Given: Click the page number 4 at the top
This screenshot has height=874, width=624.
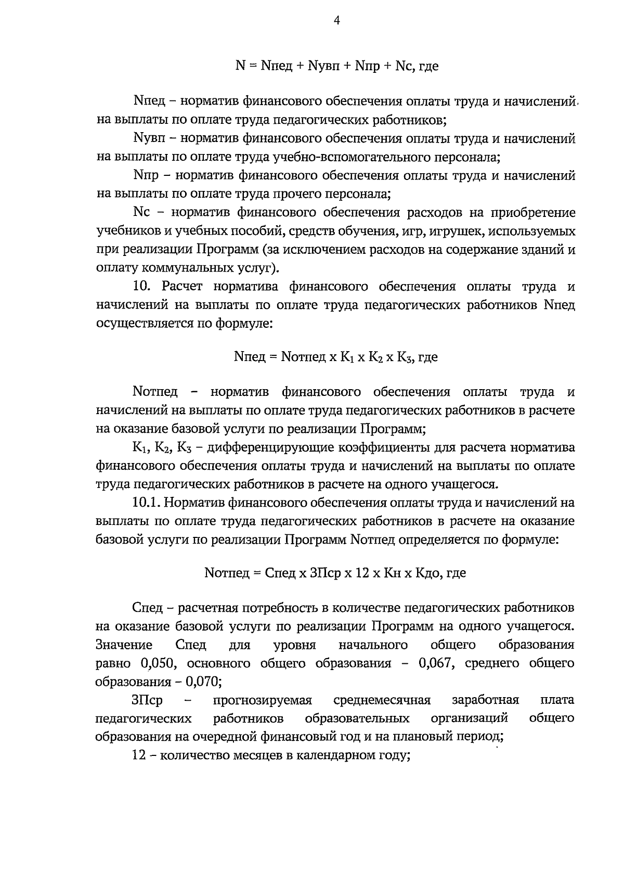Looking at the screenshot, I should pyautogui.click(x=336, y=21).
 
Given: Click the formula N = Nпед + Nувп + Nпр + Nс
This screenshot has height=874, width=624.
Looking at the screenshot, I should pyautogui.click(x=336, y=66).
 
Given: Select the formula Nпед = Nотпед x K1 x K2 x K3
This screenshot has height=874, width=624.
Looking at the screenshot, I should pyautogui.click(x=336, y=357).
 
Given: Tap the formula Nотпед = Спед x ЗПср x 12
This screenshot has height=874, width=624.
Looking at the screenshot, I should pyautogui.click(x=335, y=573).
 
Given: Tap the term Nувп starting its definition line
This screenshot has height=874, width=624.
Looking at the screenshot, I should pyautogui.click(x=149, y=139).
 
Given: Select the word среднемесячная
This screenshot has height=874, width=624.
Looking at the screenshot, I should pyautogui.click(x=382, y=700).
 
